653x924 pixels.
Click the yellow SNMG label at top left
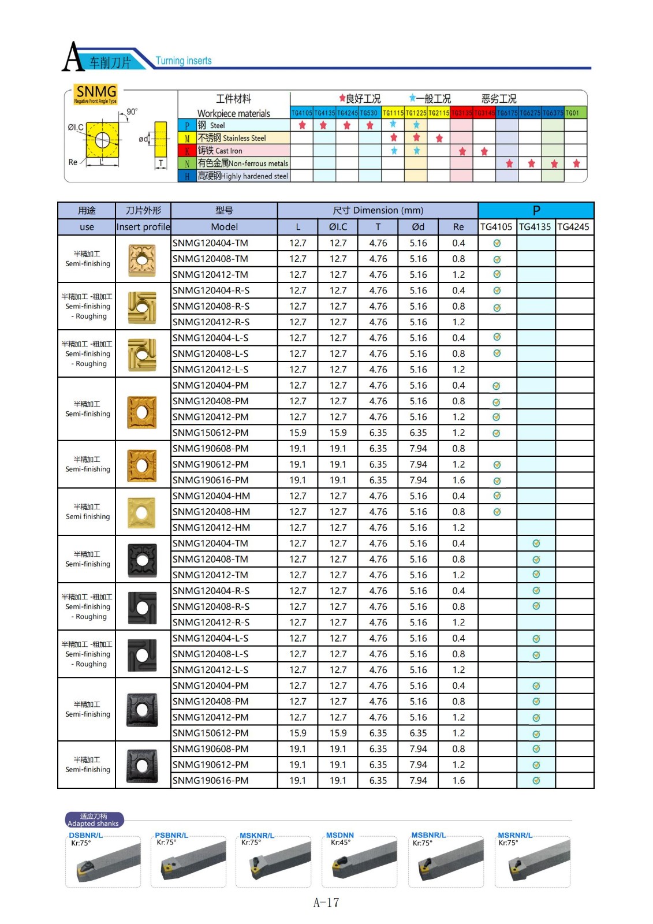coord(96,92)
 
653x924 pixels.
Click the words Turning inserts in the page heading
coord(184,61)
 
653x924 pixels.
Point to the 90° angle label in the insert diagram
coord(132,111)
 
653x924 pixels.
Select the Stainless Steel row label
coord(232,138)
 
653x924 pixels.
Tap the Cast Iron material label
coord(220,151)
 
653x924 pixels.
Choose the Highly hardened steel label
coord(242,176)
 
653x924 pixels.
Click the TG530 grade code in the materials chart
coord(369,113)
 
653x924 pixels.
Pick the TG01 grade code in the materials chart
coord(572,113)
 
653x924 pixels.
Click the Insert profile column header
coord(143,227)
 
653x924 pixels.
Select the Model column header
coord(224,227)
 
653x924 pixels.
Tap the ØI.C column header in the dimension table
coord(338,227)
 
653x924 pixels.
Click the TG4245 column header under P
coord(573,227)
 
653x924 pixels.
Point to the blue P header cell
coord(536,210)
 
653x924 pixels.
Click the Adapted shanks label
coord(94,820)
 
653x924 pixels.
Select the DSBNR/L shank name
coord(86,835)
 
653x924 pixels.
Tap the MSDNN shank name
coord(340,835)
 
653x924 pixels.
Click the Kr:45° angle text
coord(341,843)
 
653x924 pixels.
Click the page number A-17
coord(326,903)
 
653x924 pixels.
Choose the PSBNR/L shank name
coord(171,835)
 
